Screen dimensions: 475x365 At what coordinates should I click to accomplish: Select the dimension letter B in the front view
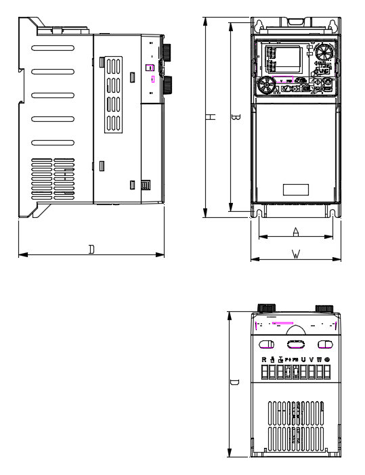click(x=236, y=117)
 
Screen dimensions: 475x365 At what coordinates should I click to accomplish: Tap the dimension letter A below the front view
click(x=296, y=231)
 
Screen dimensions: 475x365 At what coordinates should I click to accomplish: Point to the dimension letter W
click(x=296, y=254)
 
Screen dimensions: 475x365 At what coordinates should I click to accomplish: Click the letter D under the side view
click(x=91, y=250)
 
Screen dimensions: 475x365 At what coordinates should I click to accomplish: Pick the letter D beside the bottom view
click(x=234, y=382)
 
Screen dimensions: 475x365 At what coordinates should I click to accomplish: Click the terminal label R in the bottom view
click(x=264, y=359)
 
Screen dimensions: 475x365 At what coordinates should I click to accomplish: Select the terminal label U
click(x=303, y=359)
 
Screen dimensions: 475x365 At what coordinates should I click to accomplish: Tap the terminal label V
click(x=312, y=359)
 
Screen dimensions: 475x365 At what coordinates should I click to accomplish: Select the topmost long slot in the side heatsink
click(x=52, y=49)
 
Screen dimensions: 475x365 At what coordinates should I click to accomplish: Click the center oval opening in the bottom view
click(x=296, y=344)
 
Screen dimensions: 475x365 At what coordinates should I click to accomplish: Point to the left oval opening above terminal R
click(x=267, y=344)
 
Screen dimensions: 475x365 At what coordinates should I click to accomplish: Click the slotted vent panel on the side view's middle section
click(x=114, y=94)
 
